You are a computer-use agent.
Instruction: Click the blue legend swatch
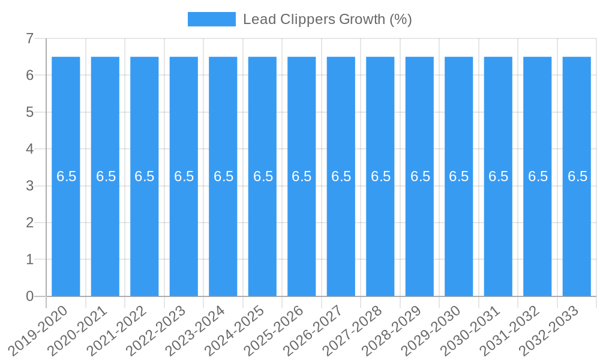(x=212, y=19)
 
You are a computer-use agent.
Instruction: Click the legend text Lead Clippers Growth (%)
(x=327, y=19)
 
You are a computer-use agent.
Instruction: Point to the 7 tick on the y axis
(x=29, y=38)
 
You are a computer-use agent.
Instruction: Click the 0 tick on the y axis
(x=29, y=296)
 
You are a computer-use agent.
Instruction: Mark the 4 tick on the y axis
(x=29, y=149)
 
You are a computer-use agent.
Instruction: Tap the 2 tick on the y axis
(x=29, y=223)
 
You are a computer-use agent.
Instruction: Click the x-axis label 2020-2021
(x=77, y=331)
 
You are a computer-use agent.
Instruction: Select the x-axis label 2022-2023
(x=156, y=331)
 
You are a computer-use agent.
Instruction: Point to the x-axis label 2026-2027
(x=313, y=331)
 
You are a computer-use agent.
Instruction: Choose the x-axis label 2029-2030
(x=431, y=331)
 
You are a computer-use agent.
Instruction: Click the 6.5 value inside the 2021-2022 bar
(x=145, y=176)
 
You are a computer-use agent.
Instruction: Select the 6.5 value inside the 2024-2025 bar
(x=263, y=176)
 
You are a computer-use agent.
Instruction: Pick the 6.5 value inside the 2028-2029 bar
(x=420, y=176)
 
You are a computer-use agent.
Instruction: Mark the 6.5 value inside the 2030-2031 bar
(x=498, y=176)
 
